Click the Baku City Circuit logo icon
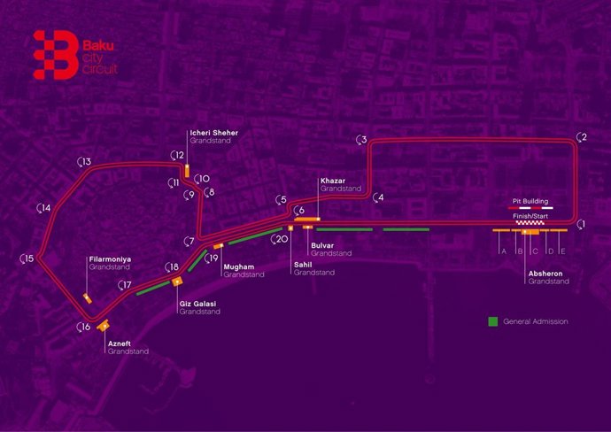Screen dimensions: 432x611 coord(53,53)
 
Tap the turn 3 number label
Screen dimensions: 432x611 coord(362,140)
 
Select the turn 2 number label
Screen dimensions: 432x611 coord(582,137)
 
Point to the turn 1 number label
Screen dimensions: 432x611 coord(582,225)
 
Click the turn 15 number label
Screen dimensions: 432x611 coord(28,258)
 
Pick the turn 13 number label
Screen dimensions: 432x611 coord(86,162)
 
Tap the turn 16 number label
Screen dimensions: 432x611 coord(84,328)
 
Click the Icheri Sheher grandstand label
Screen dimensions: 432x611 coord(213,137)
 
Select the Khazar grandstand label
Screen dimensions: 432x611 coord(341,184)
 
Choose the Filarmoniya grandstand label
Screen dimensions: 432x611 coord(110,262)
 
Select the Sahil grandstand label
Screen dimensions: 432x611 coord(314,268)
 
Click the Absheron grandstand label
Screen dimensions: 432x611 coord(548,277)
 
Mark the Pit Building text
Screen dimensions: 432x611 coord(532,201)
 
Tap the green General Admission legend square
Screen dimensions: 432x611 coord(493,321)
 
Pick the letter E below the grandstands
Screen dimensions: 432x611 coord(562,251)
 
